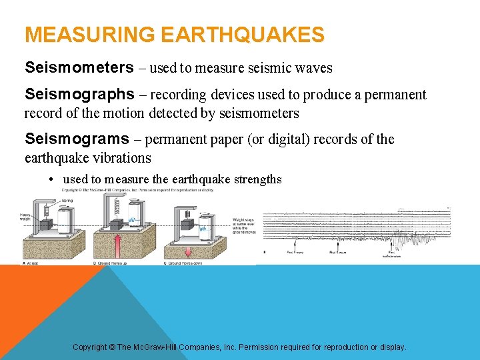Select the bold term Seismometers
point(79,67)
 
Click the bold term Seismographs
point(79,95)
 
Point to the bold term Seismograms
point(77,139)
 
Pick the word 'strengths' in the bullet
point(255,179)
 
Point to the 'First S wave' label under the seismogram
point(337,253)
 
